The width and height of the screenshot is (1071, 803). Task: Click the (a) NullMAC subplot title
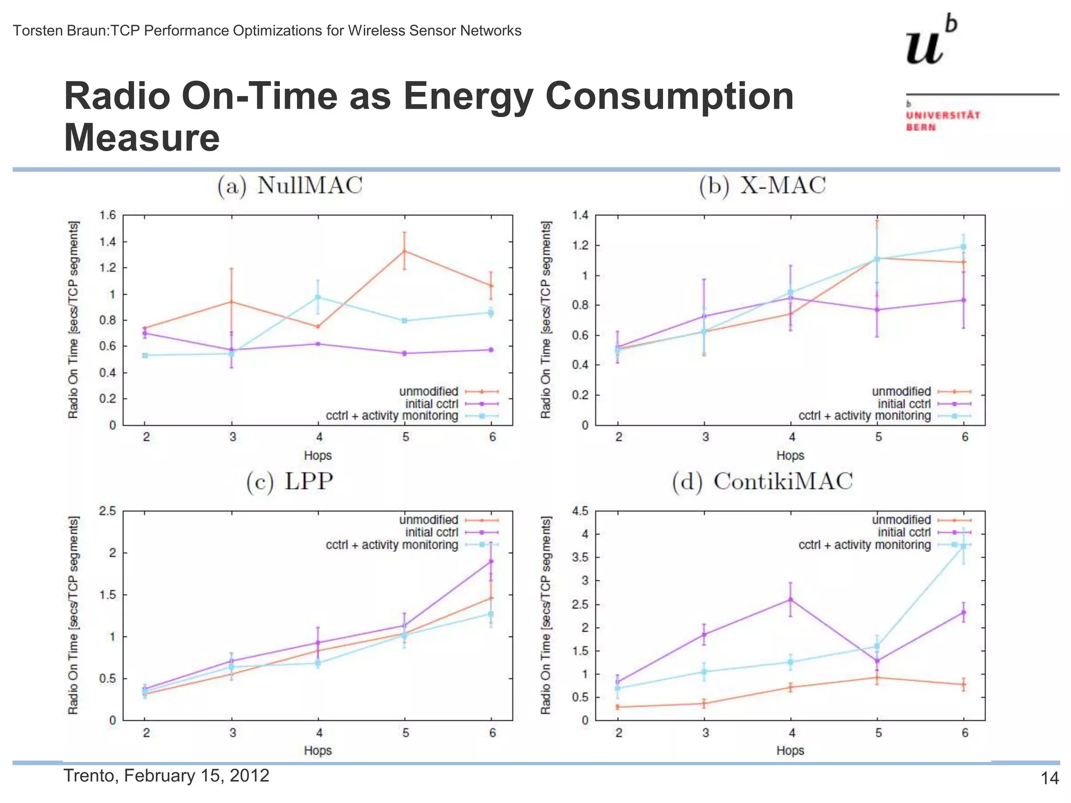(290, 186)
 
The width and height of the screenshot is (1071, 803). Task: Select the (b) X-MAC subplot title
(762, 186)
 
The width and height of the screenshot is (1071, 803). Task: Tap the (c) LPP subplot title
(289, 481)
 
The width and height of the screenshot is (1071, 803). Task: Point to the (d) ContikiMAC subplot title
(762, 481)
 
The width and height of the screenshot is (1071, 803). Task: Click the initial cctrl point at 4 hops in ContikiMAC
(790, 600)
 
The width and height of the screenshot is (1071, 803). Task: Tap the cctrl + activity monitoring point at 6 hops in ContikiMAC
(963, 546)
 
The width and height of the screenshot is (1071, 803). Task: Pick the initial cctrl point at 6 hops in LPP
(491, 561)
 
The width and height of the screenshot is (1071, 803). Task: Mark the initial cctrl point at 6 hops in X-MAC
(963, 300)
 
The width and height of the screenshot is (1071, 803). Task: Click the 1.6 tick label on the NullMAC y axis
(107, 215)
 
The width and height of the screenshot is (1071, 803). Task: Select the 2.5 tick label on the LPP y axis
(107, 511)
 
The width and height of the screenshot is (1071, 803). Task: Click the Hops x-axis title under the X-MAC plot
(790, 455)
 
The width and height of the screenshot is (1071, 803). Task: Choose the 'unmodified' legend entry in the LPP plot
(428, 520)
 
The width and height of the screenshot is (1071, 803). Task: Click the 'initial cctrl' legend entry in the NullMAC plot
(431, 404)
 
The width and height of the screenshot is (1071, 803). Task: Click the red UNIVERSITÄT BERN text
(942, 121)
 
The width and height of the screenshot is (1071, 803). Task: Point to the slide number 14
(1050, 778)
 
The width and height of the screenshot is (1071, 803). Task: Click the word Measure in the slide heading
(142, 138)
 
